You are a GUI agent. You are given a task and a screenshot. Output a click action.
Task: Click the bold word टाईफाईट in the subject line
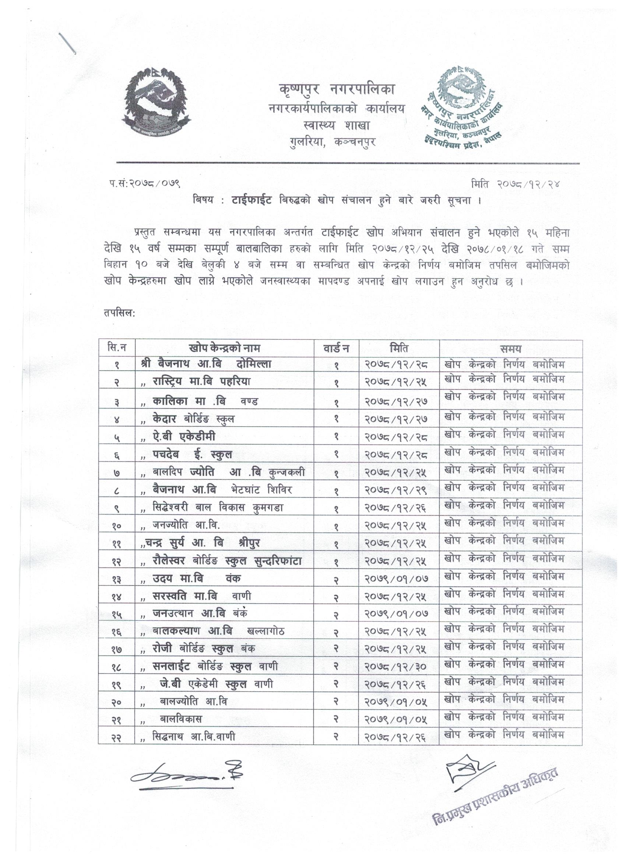coord(251,201)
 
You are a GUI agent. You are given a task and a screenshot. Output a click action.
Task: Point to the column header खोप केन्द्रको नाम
coord(224,348)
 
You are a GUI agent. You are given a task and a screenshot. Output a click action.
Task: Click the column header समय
coord(510,348)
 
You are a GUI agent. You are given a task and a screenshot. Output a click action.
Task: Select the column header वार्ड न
coord(336,348)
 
